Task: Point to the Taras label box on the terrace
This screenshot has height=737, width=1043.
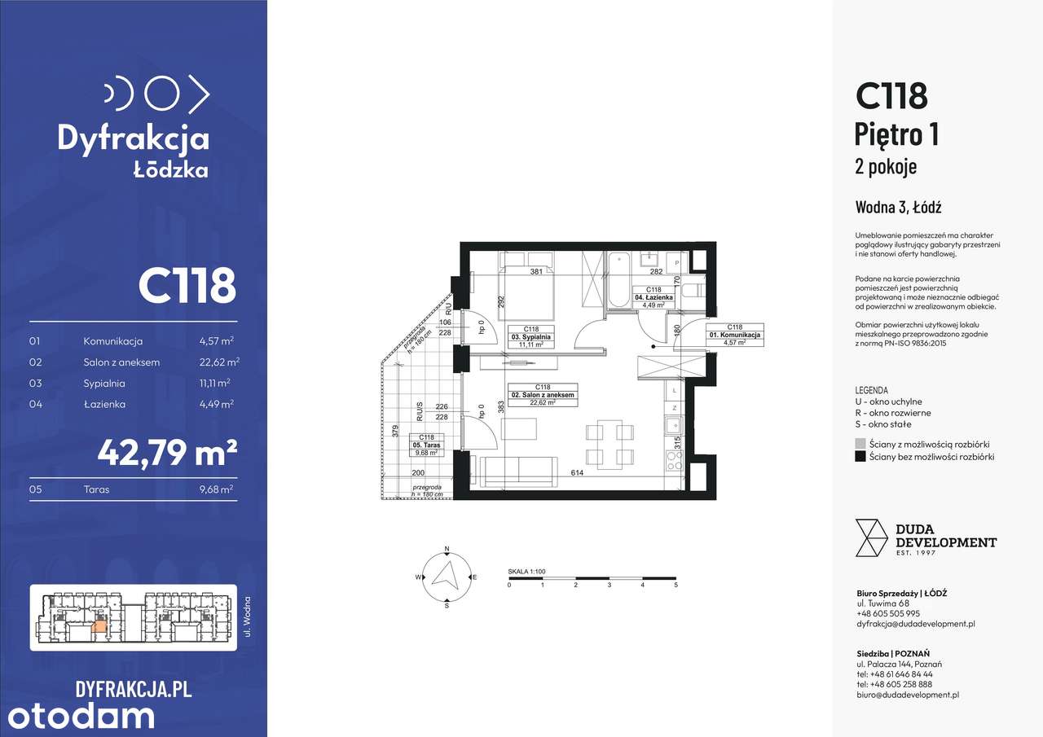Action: [x=428, y=445]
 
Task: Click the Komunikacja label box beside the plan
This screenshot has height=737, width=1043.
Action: [x=734, y=335]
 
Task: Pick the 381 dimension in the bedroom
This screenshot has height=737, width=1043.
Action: [x=536, y=273]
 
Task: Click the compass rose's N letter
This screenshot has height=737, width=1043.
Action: [x=447, y=549]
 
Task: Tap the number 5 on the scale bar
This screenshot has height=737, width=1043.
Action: [x=676, y=586]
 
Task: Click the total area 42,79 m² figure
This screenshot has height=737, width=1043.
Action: [x=167, y=452]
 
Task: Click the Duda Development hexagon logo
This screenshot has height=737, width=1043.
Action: [x=871, y=538]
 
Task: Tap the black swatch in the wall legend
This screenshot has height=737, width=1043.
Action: [x=860, y=457]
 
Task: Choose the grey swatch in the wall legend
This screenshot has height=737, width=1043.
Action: [x=860, y=444]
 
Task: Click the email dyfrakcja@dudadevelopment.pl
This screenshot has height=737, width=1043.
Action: [x=915, y=624]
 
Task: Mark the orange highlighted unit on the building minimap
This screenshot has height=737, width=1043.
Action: [x=99, y=625]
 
